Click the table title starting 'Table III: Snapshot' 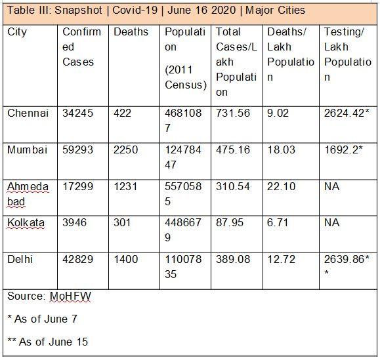156,11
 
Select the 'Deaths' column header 131,32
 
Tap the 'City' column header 17,32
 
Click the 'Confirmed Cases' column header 81,47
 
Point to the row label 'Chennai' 28,113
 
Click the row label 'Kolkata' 26,223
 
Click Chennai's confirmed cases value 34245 78,113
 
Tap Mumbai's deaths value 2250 126,150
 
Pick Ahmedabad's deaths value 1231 125,186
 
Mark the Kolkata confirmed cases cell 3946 75,223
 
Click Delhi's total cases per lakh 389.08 233,260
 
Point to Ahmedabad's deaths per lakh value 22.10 282,186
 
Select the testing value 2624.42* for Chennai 348,113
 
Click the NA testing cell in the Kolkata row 331,223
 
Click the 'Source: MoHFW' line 49,296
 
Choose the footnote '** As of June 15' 47,342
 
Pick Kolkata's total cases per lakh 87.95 230,223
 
